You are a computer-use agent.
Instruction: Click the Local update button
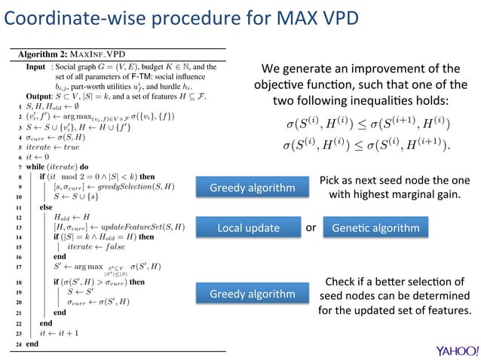[x=248, y=227]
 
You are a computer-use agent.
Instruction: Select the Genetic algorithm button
[x=375, y=227]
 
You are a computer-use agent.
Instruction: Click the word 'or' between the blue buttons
[x=310, y=227]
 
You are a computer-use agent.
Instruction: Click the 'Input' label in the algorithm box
[x=35, y=66]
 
